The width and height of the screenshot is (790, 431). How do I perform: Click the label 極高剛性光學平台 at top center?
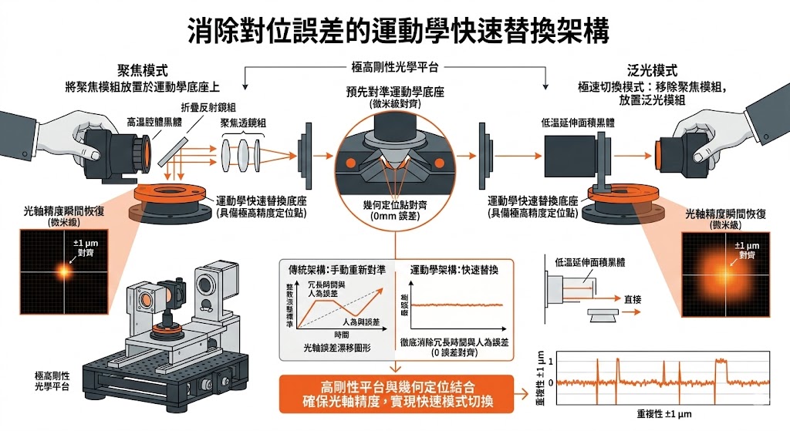[x=394, y=69]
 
